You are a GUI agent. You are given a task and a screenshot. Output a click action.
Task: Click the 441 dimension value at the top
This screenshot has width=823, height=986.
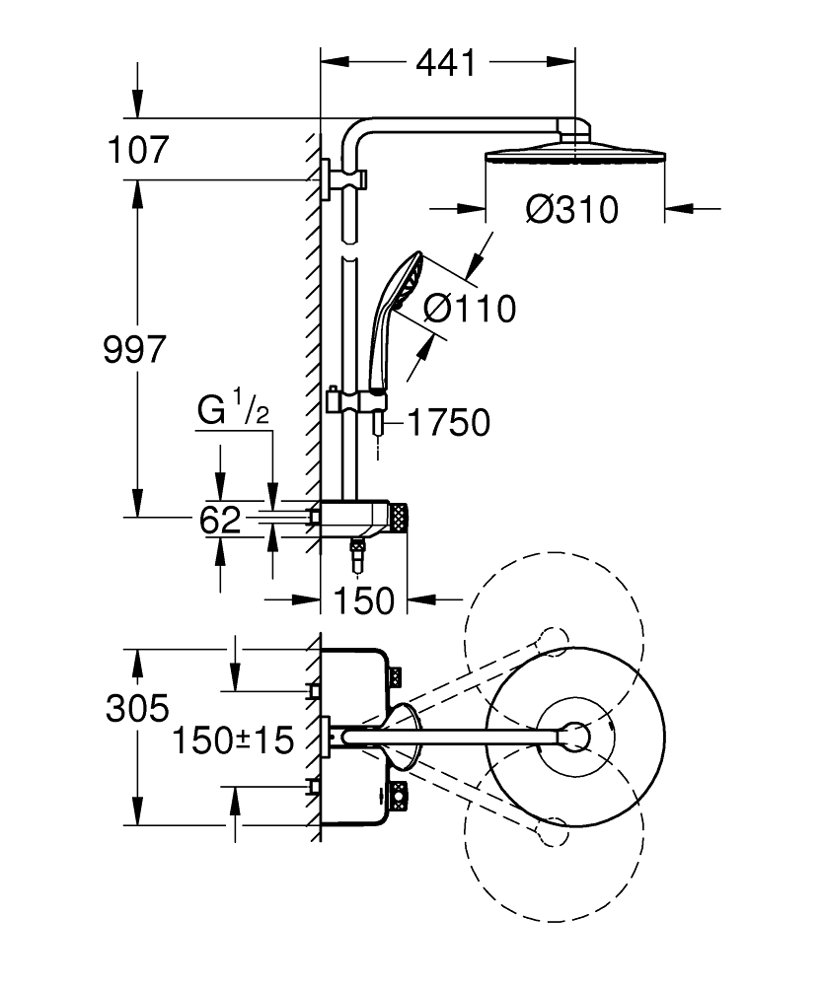point(446,63)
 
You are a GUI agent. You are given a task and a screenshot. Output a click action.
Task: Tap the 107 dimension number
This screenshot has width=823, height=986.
point(138,150)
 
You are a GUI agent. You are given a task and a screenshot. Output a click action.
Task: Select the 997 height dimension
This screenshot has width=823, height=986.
point(134,350)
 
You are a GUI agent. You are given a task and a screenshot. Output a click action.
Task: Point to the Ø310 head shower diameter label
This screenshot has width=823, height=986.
point(572,209)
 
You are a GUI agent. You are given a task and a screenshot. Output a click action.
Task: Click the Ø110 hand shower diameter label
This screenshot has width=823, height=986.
point(470,309)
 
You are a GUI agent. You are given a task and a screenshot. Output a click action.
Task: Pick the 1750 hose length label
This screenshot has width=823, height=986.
point(449,422)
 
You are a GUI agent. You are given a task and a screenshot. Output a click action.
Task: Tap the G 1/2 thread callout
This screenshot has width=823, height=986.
point(234,409)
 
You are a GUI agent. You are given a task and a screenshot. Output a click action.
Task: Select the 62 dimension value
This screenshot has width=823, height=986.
point(220,520)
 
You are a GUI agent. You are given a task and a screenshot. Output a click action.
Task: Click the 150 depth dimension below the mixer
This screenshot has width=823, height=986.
point(364,601)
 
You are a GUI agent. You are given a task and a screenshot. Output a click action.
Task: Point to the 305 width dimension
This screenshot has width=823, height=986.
point(137,709)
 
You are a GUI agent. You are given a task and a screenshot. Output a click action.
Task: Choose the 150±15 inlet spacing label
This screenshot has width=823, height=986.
point(233,740)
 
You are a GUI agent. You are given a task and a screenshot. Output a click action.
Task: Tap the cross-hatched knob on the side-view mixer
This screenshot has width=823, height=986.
point(398,519)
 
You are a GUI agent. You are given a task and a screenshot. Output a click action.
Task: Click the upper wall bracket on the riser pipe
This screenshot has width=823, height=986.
point(343,179)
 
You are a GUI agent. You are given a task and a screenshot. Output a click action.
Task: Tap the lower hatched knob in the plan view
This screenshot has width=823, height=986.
point(398,798)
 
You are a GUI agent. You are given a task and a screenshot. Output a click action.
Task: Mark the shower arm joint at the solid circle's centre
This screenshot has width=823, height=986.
point(575,737)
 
